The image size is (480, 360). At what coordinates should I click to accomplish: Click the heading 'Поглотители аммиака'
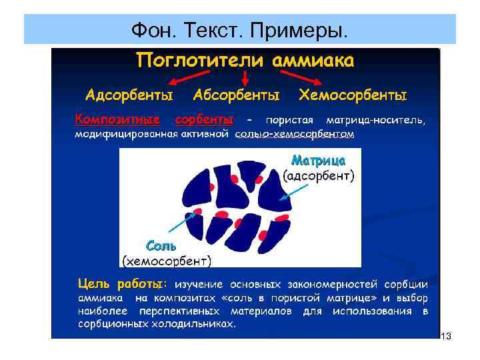point(245,61)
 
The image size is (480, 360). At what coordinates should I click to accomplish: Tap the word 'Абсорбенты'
point(236,95)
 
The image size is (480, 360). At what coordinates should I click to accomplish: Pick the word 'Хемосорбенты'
point(353,95)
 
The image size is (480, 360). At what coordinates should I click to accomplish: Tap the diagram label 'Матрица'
point(318,161)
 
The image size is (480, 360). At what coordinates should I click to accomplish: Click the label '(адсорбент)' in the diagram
point(319,176)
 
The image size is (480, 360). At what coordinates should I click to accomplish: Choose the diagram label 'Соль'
point(161,245)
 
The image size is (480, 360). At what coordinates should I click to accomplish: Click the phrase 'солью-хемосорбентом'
point(294,134)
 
